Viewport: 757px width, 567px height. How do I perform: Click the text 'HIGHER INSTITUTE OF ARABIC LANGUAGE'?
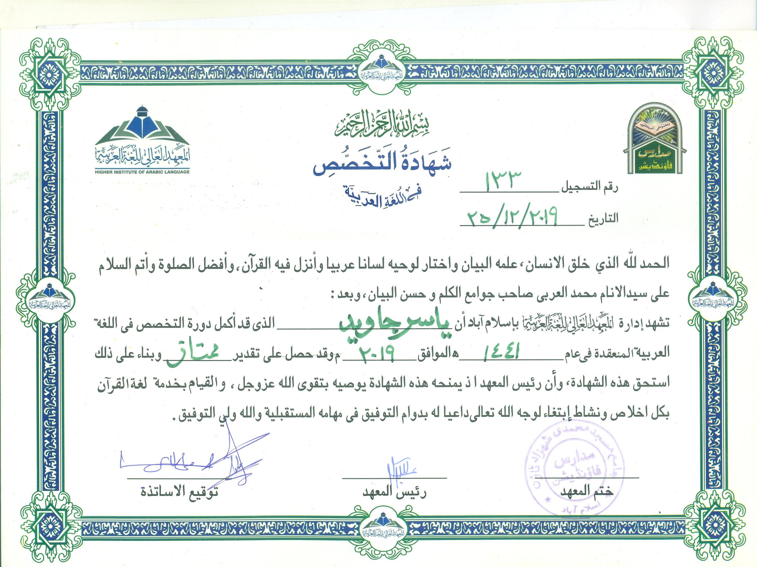142,172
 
